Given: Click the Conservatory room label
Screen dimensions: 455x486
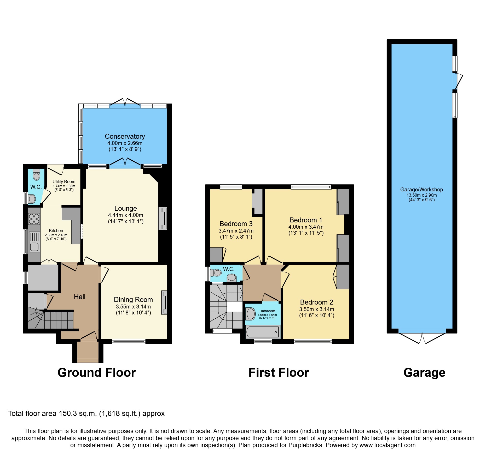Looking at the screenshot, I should [125, 136].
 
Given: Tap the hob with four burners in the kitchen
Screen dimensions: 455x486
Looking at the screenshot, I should [34, 219].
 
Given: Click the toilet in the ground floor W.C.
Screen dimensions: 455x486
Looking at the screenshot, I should [36, 175].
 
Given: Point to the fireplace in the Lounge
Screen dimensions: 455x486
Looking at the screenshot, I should [163, 219].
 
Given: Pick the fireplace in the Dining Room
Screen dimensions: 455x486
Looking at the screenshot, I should [164, 302].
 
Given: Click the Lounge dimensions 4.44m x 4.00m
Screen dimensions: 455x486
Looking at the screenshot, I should [126, 215].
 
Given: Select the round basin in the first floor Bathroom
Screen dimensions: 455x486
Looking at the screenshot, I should [251, 314].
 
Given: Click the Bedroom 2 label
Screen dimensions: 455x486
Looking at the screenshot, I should [316, 302].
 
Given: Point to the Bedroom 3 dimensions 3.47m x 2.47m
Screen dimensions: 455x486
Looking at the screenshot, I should [236, 231].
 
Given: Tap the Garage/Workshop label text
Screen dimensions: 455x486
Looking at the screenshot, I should [421, 190].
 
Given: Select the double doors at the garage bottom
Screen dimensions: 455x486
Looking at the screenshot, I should [422, 338].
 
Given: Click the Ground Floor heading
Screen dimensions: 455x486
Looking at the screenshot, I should [97, 373].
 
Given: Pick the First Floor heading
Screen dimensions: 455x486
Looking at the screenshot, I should [279, 373].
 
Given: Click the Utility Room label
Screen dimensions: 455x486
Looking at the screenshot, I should [64, 181].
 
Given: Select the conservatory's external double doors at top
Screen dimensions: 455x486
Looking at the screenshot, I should [125, 102].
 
